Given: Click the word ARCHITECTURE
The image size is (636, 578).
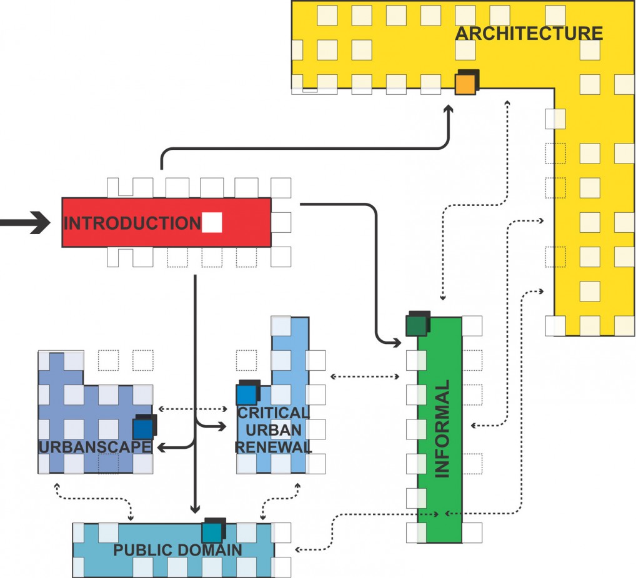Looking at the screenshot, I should pyautogui.click(x=529, y=33).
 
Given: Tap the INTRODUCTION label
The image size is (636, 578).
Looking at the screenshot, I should pyautogui.click(x=132, y=223).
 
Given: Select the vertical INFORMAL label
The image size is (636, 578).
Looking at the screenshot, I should pyautogui.click(x=442, y=429).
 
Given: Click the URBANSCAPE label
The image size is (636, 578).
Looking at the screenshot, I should pyautogui.click(x=95, y=447).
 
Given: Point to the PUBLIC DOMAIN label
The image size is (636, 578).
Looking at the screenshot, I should pyautogui.click(x=177, y=550).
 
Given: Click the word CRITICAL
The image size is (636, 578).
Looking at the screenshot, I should pyautogui.click(x=273, y=413).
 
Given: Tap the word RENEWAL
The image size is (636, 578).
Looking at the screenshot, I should pyautogui.click(x=273, y=447).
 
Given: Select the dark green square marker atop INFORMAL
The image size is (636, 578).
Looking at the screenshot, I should pyautogui.click(x=417, y=325).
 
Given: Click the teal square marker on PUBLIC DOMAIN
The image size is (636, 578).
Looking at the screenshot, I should pyautogui.click(x=212, y=532).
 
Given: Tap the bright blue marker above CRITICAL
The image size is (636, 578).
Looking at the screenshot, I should pyautogui.click(x=247, y=394).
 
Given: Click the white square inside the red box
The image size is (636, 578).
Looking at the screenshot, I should pyautogui.click(x=212, y=223).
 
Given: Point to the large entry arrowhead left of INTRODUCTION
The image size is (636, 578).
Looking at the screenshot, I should pyautogui.click(x=40, y=222).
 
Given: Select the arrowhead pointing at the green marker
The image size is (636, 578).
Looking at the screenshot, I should pyautogui.click(x=395, y=342).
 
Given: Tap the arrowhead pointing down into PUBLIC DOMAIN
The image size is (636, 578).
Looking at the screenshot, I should pyautogui.click(x=196, y=507).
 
